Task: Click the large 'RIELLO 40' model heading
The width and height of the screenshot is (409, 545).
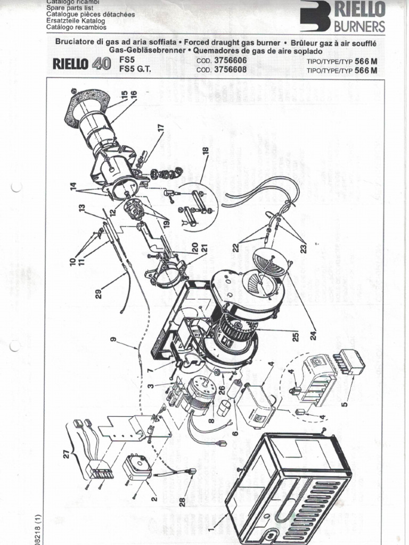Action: (81, 65)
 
